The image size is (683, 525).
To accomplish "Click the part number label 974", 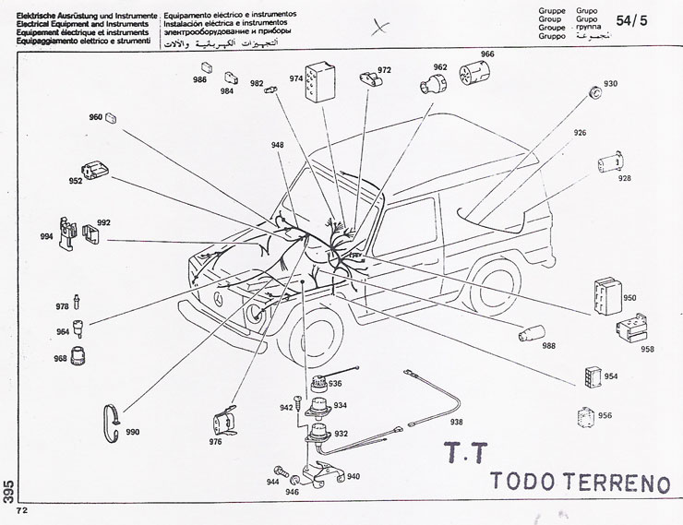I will pos(296,78).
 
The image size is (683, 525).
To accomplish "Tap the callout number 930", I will pos(610,84).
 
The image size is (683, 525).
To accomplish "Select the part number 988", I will pos(549,346).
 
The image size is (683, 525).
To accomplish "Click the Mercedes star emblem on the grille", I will pos(216,304).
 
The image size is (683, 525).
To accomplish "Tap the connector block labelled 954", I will pos(592,376).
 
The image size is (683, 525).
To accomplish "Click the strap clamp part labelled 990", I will pos(112,420).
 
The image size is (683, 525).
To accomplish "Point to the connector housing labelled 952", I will pos(95,173).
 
